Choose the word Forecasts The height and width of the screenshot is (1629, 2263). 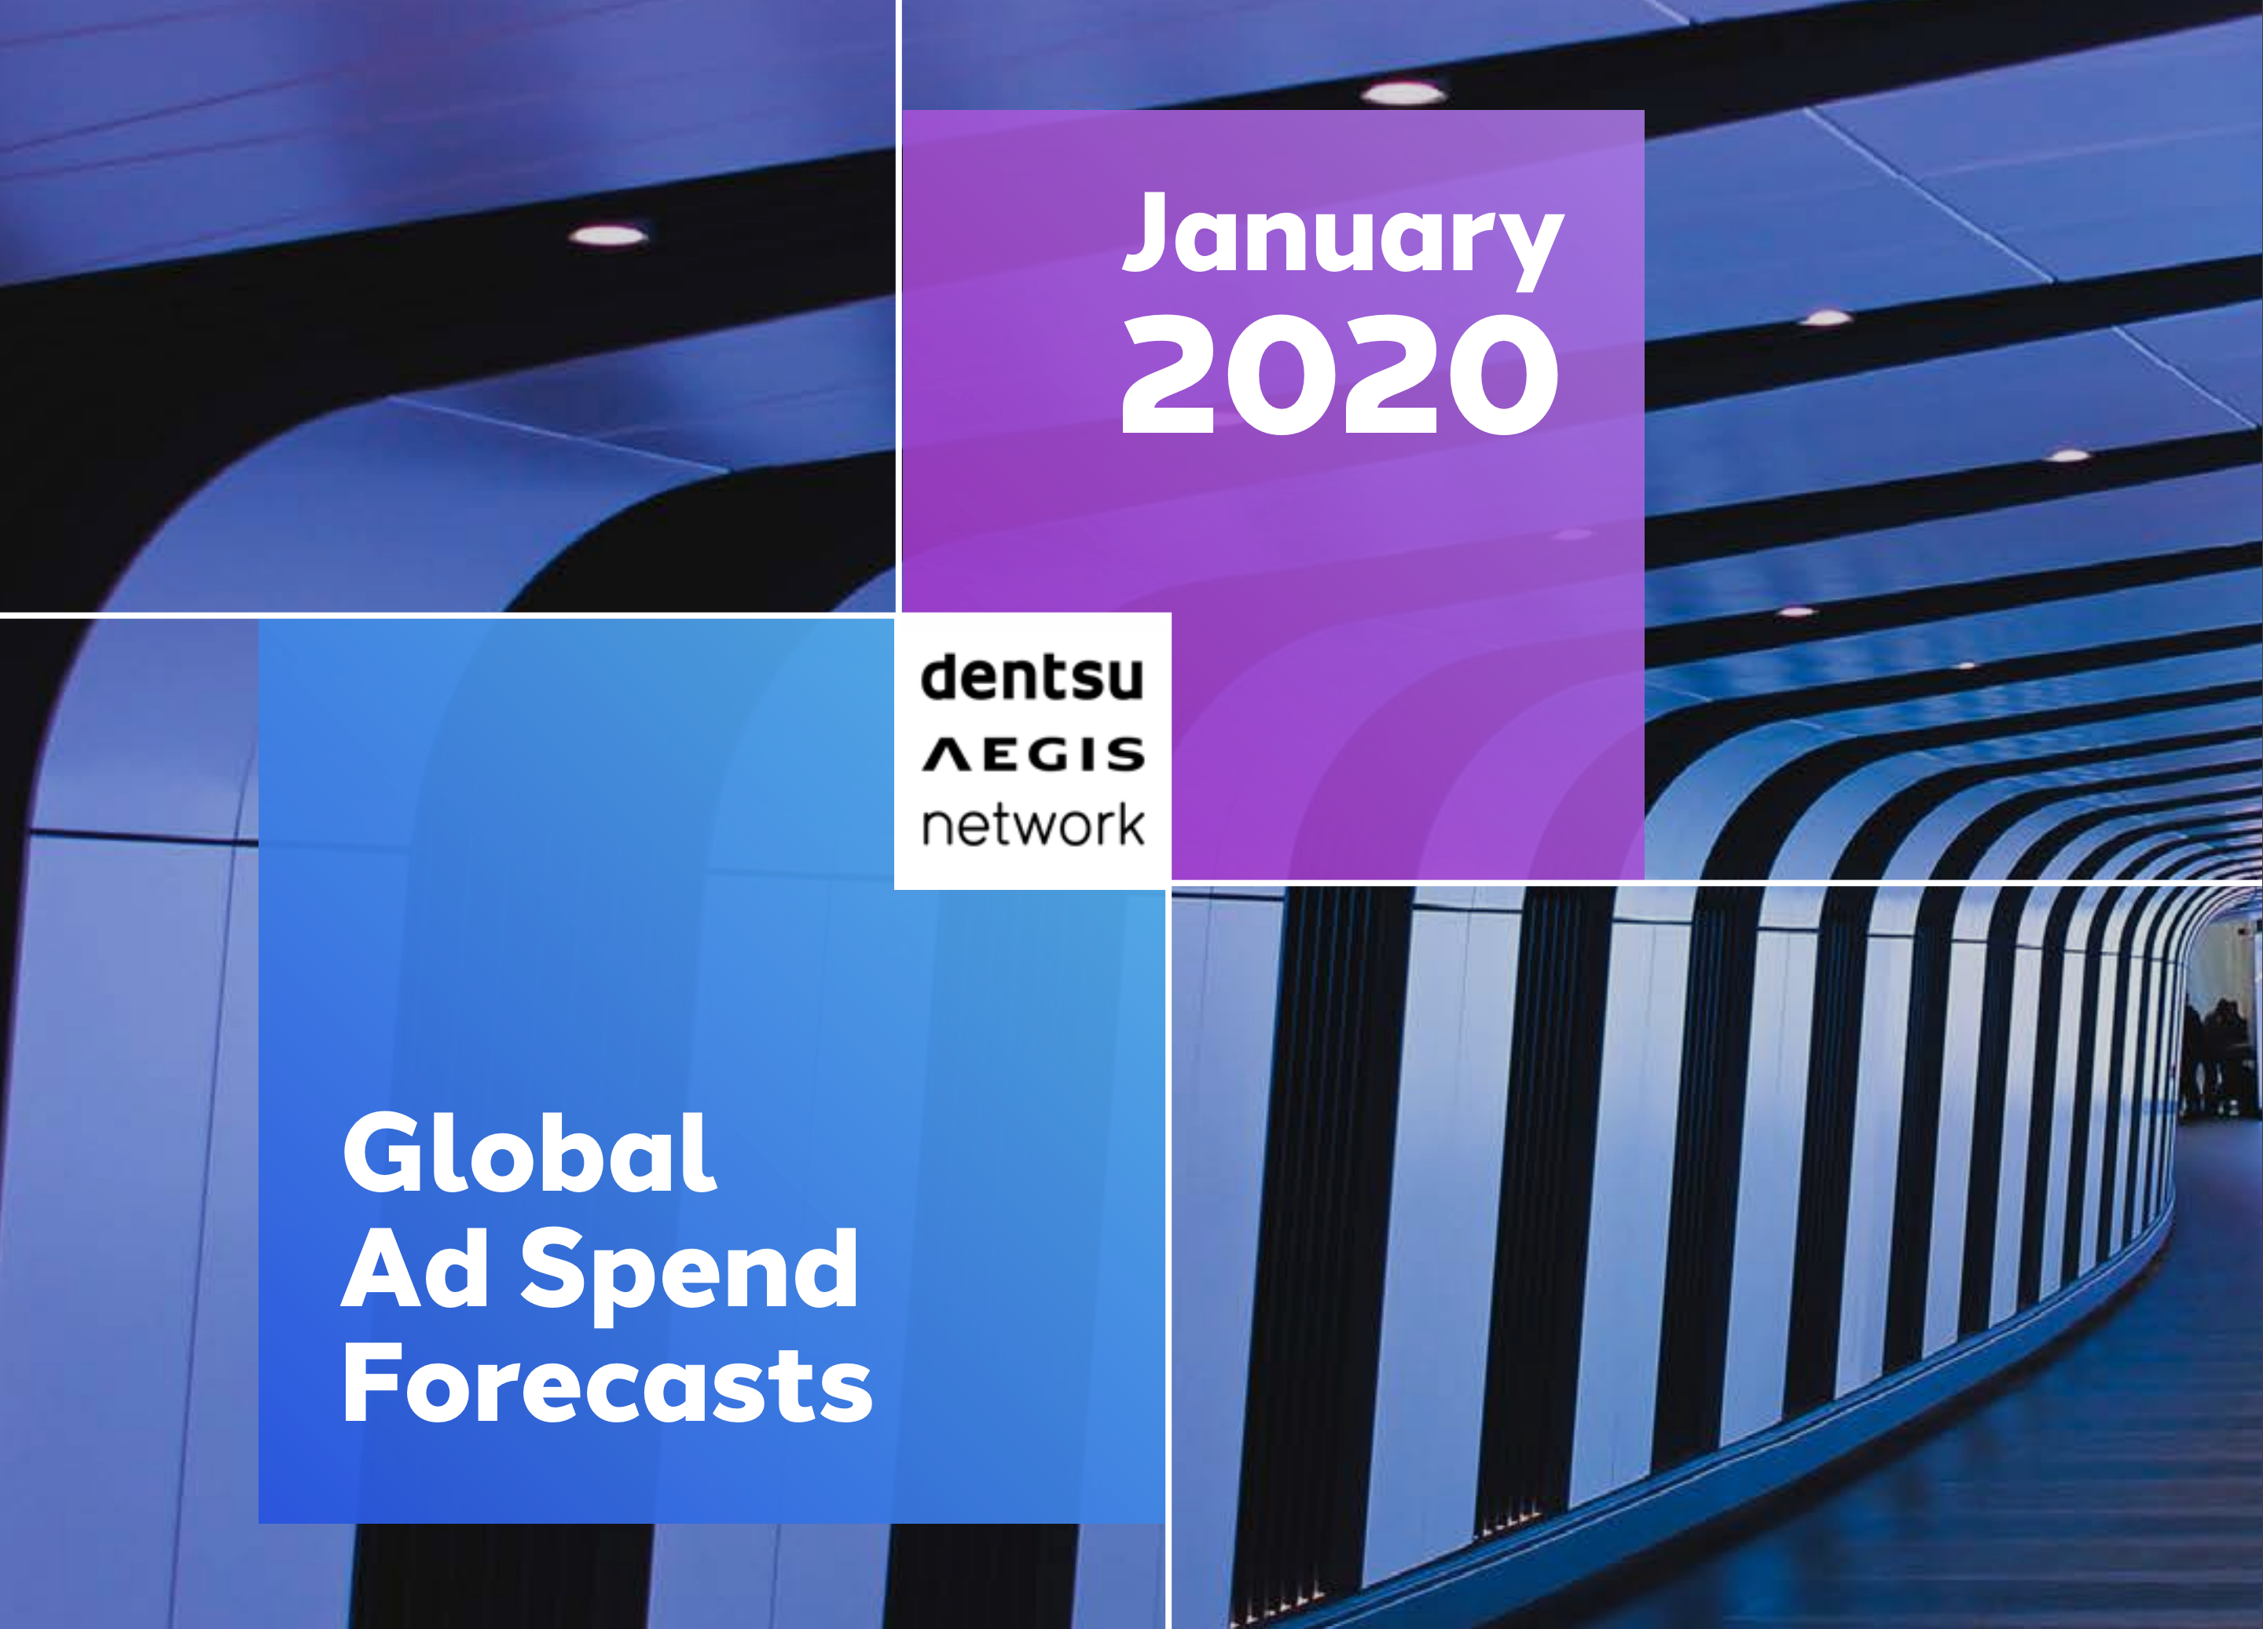[607, 1384]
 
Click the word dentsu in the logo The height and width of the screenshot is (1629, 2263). [1032, 677]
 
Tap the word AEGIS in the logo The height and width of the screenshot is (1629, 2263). [1032, 755]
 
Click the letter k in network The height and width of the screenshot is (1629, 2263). [1128, 823]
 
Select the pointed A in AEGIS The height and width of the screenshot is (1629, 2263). [946, 755]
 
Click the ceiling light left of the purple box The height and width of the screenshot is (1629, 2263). [607, 236]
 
